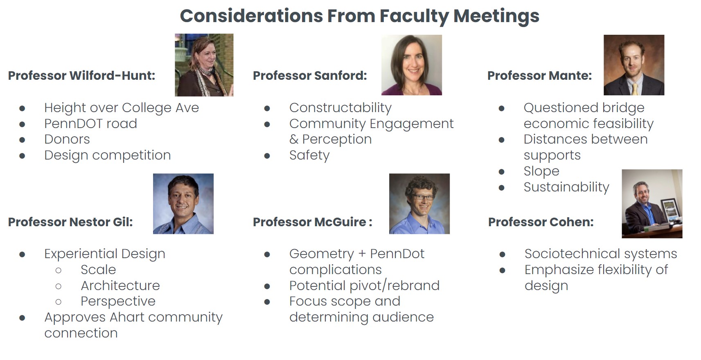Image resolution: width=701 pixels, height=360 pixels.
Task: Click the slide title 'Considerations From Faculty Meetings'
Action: click(x=360, y=16)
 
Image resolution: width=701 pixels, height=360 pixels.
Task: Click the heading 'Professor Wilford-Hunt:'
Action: click(x=82, y=76)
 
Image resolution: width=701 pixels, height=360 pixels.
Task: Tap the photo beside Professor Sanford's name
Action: click(x=412, y=65)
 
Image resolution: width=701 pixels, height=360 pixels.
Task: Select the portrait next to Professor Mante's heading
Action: click(x=634, y=65)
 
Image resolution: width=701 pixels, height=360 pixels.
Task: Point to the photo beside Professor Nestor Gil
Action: click(x=183, y=204)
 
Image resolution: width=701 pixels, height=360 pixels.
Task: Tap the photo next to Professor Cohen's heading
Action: click(x=652, y=204)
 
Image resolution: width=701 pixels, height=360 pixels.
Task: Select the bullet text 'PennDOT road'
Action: click(x=91, y=124)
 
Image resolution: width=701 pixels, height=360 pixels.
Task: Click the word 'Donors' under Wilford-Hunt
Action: click(x=67, y=139)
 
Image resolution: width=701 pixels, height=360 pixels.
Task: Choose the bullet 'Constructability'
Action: click(x=340, y=108)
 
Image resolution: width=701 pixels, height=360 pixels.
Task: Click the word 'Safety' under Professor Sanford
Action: click(x=309, y=155)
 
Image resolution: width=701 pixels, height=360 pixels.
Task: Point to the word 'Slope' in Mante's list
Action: click(x=541, y=171)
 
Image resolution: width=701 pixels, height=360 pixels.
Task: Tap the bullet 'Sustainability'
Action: click(x=566, y=187)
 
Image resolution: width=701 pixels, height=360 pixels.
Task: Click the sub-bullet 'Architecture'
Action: click(x=120, y=286)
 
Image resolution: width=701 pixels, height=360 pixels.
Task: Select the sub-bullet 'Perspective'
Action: click(x=118, y=301)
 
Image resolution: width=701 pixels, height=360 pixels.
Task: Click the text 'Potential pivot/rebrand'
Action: click(x=364, y=286)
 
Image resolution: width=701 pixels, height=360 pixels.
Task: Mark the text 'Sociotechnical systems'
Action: click(x=601, y=254)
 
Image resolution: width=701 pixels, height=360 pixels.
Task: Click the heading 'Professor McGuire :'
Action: click(x=313, y=222)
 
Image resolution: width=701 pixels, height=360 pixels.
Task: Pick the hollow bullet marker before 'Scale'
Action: click(x=59, y=270)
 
